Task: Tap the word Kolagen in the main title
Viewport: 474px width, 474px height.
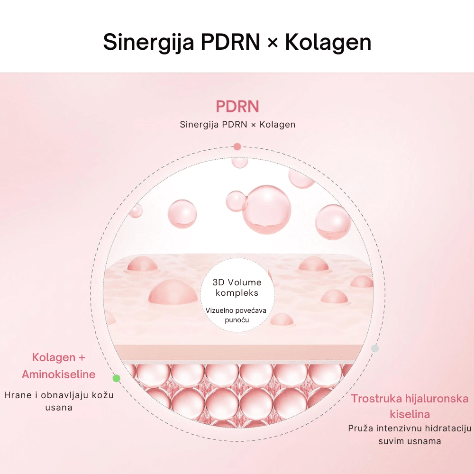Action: click(x=328, y=42)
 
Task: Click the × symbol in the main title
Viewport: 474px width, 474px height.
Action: click(x=273, y=43)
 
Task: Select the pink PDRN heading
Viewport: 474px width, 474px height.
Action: click(x=237, y=106)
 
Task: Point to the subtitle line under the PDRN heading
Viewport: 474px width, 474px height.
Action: click(x=237, y=125)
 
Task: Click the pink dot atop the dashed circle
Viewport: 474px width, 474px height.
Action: click(x=237, y=146)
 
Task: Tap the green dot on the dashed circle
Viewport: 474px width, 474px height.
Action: click(x=117, y=378)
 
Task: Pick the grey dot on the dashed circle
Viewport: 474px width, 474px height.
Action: click(x=375, y=348)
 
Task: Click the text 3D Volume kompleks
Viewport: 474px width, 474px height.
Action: click(x=237, y=288)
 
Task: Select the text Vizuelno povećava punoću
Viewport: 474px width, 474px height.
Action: click(x=236, y=315)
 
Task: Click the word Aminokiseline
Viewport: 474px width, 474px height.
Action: click(x=59, y=374)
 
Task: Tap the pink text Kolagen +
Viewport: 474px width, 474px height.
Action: click(x=59, y=357)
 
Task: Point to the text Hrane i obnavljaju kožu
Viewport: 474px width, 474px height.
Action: click(x=59, y=395)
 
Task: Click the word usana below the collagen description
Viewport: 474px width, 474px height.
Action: click(x=59, y=408)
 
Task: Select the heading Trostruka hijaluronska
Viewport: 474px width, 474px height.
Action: click(x=410, y=399)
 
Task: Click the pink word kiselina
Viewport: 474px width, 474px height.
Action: click(x=410, y=414)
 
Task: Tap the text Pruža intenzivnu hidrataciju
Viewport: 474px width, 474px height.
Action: click(x=410, y=428)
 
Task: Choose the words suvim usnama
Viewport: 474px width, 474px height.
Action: click(x=410, y=441)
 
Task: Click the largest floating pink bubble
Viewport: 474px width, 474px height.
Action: click(x=267, y=210)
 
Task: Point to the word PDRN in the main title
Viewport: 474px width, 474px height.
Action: click(x=230, y=42)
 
